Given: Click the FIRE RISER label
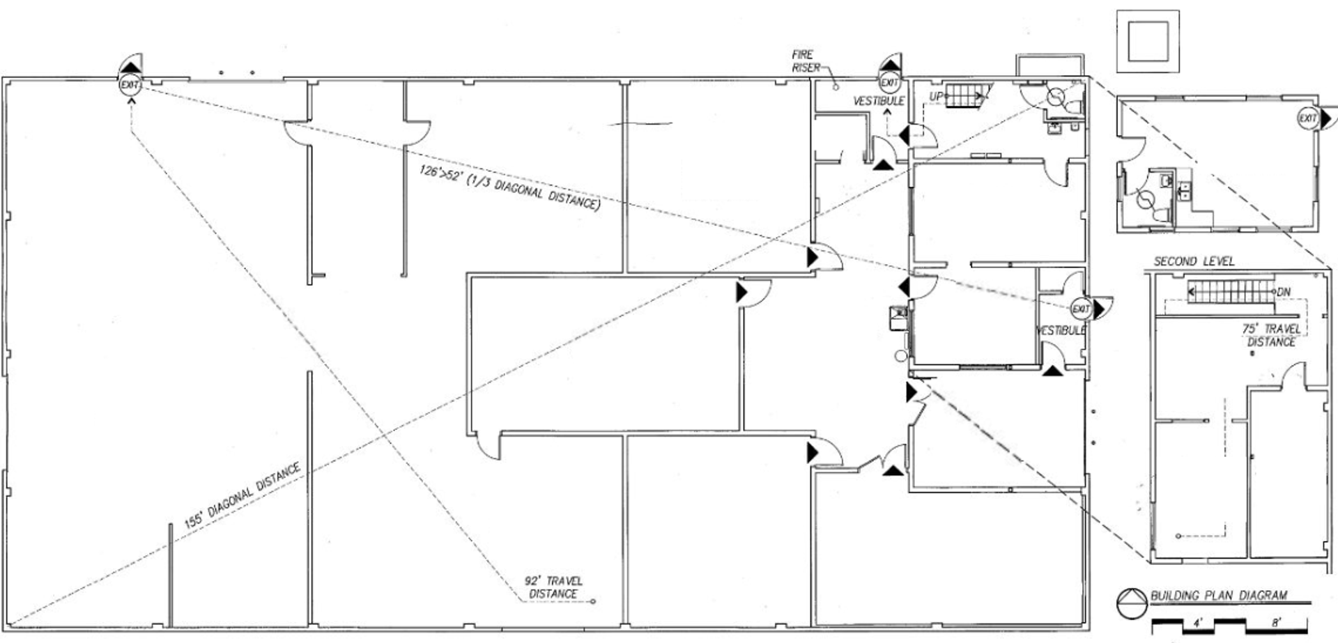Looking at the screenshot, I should point(803,61).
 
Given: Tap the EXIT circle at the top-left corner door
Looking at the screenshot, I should point(130,85).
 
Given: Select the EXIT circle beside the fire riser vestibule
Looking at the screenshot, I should point(889,83).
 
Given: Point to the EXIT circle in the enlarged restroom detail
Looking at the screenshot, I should point(1307,118).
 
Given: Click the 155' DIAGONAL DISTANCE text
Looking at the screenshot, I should point(242,495).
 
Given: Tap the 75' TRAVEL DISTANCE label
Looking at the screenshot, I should point(1271,335).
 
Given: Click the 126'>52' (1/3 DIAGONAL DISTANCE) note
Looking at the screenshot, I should point(509,187).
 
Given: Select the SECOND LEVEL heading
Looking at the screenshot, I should point(1194,261).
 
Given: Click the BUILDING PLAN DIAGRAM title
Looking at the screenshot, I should point(1218,596).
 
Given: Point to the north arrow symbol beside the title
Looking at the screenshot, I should point(1131,603).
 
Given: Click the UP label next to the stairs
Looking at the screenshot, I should point(936,96).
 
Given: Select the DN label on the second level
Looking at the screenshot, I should point(1283,292).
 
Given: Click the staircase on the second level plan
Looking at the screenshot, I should point(1231,292).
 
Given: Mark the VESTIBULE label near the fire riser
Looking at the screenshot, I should point(879,101).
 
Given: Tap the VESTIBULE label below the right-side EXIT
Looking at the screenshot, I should point(1061,330).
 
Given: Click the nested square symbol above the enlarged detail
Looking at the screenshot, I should point(1148,41).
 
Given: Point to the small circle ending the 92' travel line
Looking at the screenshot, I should point(593,601).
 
